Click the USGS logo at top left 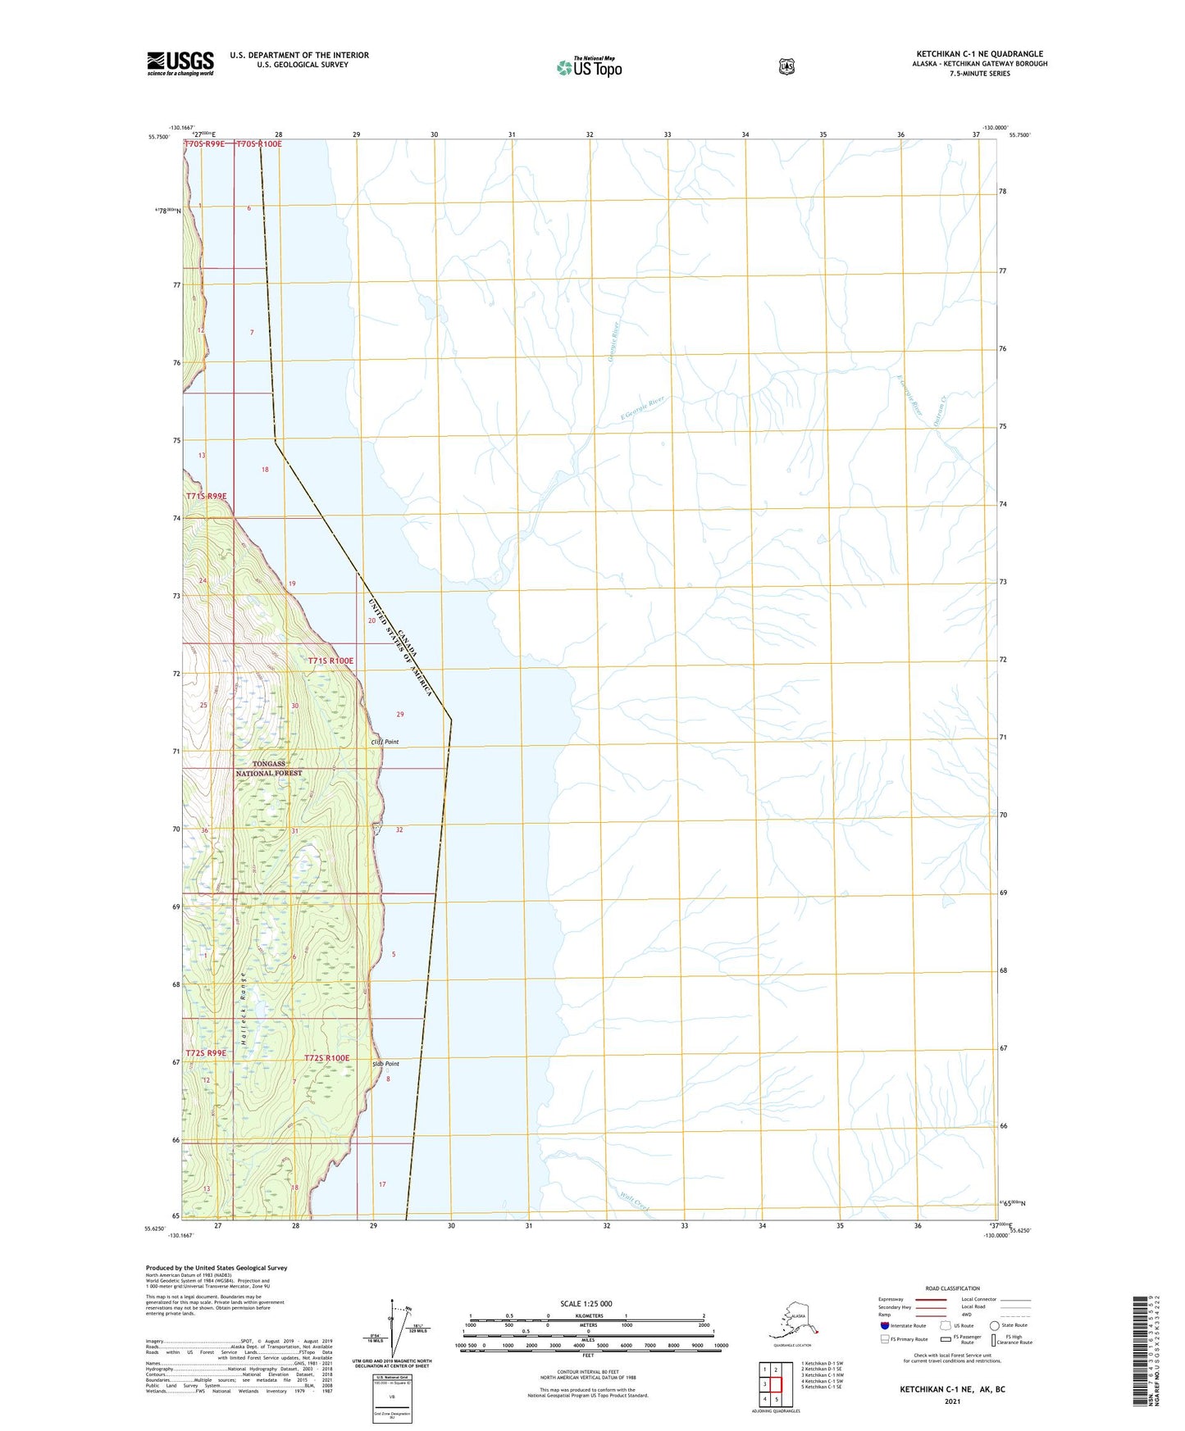[x=180, y=63]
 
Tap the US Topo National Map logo [x=589, y=67]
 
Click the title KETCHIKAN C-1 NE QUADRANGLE [x=979, y=54]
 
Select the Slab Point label [x=385, y=1064]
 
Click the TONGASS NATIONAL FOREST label [x=269, y=768]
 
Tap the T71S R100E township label [x=330, y=661]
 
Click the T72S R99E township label [x=206, y=1052]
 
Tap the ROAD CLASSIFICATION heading [x=952, y=1288]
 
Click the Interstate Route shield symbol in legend [x=884, y=1325]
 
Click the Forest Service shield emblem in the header [x=786, y=66]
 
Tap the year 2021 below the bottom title [x=952, y=1401]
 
